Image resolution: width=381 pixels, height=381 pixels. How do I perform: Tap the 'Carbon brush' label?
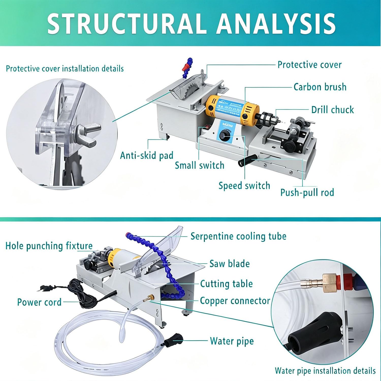tap(320, 87)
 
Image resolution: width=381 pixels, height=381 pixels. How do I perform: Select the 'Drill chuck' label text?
tap(332, 109)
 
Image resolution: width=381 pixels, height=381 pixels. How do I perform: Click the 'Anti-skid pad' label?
tap(147, 155)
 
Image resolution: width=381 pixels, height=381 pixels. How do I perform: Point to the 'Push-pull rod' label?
tap(307, 193)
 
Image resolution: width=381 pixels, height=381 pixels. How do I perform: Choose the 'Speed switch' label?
tap(244, 186)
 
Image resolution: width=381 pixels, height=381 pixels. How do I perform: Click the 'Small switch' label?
tap(199, 165)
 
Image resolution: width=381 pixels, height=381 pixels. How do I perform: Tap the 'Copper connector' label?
tap(235, 301)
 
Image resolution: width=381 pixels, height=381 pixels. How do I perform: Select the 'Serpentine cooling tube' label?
tap(239, 236)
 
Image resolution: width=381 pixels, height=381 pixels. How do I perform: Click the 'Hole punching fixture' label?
tap(49, 246)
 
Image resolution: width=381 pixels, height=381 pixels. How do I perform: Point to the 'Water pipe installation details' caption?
tap(325, 371)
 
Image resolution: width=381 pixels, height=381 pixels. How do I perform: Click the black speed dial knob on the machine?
tap(224, 136)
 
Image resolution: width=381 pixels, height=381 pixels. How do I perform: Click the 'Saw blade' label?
tap(229, 264)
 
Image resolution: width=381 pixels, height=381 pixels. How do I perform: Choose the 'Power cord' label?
tap(39, 302)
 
